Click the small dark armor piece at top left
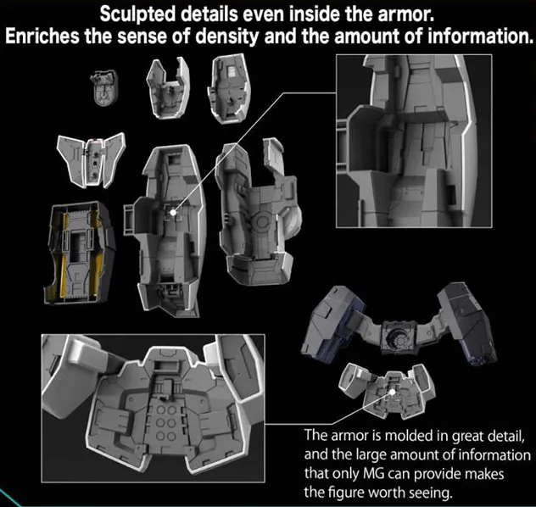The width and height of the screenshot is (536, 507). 103,86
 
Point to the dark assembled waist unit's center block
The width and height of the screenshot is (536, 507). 394,335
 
